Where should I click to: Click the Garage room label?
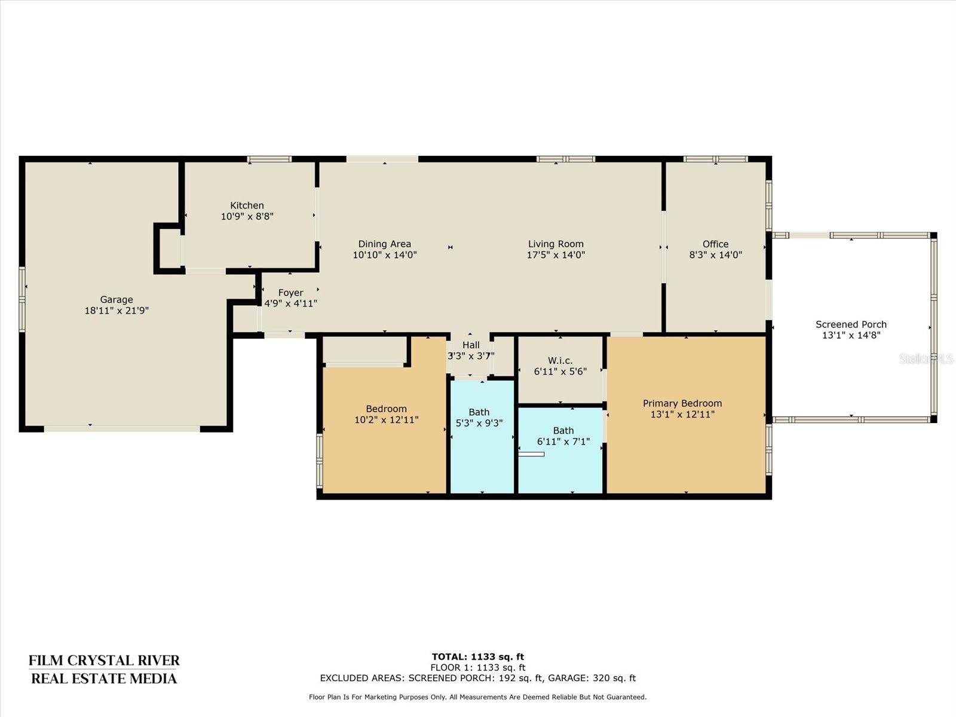click(117, 299)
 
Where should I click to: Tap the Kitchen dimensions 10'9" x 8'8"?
click(247, 216)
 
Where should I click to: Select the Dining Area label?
click(385, 244)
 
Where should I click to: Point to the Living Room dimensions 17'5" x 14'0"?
click(556, 255)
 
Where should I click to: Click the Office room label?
click(715, 244)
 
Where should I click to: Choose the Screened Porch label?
click(851, 324)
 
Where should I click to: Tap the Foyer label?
click(290, 293)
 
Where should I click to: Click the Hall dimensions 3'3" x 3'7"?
click(471, 356)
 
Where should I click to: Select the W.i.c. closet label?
click(560, 360)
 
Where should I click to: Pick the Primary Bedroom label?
click(682, 403)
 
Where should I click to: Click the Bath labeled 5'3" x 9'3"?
click(479, 412)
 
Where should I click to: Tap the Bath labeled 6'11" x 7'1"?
click(563, 431)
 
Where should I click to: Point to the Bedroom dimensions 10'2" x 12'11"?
click(387, 419)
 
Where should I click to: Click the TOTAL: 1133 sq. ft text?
click(478, 657)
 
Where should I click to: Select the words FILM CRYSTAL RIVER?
click(104, 660)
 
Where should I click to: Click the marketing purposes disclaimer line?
click(478, 697)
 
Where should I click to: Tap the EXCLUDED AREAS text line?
click(478, 678)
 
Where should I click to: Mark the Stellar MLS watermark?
click(926, 358)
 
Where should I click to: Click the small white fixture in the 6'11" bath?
click(531, 454)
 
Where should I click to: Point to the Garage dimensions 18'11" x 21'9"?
click(117, 310)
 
